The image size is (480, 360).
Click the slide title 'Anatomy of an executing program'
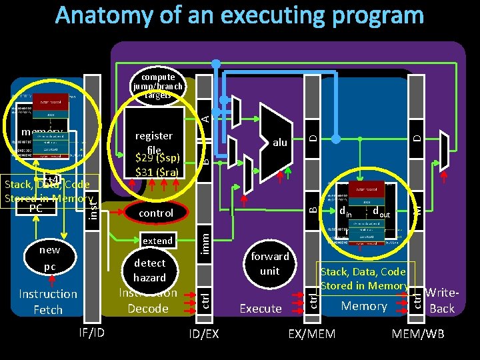click(x=239, y=15)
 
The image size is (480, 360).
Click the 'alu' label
click(x=280, y=142)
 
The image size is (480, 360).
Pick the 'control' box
click(x=155, y=213)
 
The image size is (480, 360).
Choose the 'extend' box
click(x=158, y=241)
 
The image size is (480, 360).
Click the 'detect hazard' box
click(x=149, y=270)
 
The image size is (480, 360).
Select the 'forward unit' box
click(x=269, y=263)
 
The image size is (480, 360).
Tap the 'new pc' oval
click(x=49, y=259)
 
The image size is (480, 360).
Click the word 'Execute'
click(x=261, y=308)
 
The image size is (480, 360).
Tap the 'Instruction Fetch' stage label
click(x=48, y=302)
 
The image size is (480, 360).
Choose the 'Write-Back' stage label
click(x=441, y=300)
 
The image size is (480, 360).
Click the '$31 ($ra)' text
click(x=157, y=173)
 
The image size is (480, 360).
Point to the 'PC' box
click(x=45, y=208)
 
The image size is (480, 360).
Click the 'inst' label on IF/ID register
click(x=93, y=203)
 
